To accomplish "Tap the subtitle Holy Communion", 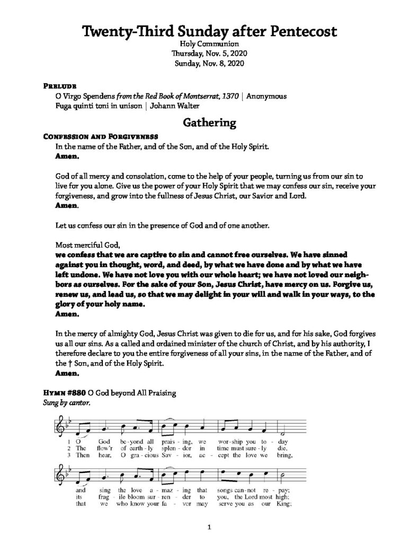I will [x=209, y=44].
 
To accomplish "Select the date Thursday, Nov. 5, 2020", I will [x=209, y=54].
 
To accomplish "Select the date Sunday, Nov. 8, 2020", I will [x=209, y=64].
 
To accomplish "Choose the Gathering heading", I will [x=209, y=123].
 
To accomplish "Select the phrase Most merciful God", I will [x=88, y=244].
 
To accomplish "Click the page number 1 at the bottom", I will [x=209, y=527].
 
